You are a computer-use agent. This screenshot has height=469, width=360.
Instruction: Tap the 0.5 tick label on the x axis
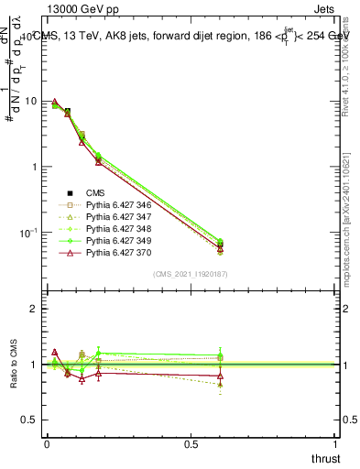point(191,443)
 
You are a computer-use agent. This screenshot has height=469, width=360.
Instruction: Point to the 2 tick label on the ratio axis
point(34,309)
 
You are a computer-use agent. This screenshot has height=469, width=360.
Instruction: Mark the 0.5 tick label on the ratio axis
point(29,420)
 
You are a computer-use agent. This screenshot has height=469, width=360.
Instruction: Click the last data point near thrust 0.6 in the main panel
point(220,245)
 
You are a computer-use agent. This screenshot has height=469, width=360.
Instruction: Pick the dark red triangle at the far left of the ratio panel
point(55,352)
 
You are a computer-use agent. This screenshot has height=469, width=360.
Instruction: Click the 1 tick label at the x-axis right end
point(336,443)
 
